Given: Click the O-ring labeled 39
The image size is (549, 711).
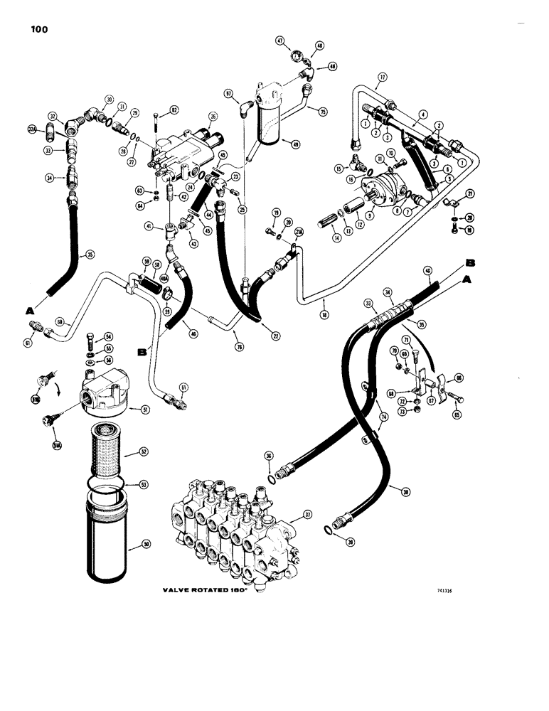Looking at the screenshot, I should coord(327,528).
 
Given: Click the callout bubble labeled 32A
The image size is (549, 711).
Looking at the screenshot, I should coord(32,129).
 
